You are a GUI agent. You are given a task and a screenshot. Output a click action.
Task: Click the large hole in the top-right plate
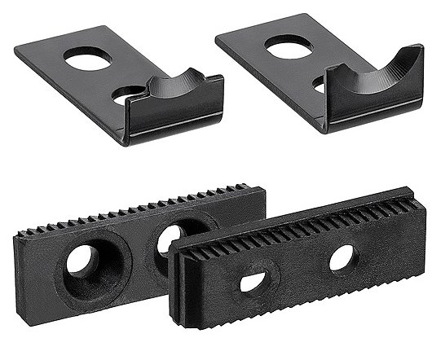(x=289, y=48)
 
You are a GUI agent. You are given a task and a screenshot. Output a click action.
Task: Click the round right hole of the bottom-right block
(x=342, y=258)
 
